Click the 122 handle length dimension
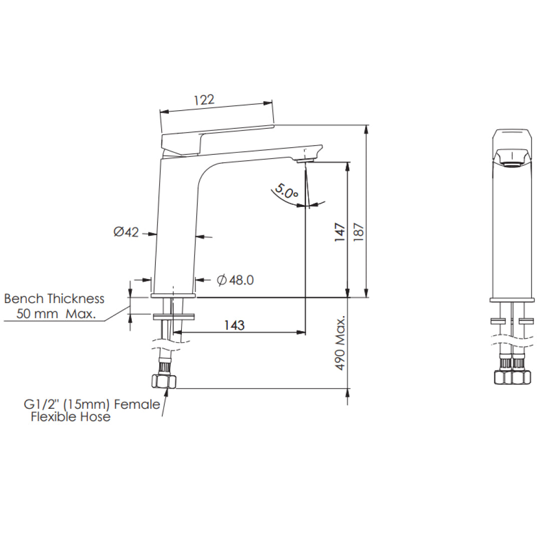[x=204, y=99]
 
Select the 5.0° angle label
[x=286, y=192]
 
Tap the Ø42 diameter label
[x=126, y=232]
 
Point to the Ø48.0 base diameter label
[x=235, y=280]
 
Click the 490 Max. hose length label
[x=341, y=343]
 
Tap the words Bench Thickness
[x=54, y=299]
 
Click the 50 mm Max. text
[x=56, y=315]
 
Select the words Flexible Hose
[x=70, y=417]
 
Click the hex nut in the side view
[x=164, y=382]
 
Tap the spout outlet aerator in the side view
[x=305, y=160]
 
